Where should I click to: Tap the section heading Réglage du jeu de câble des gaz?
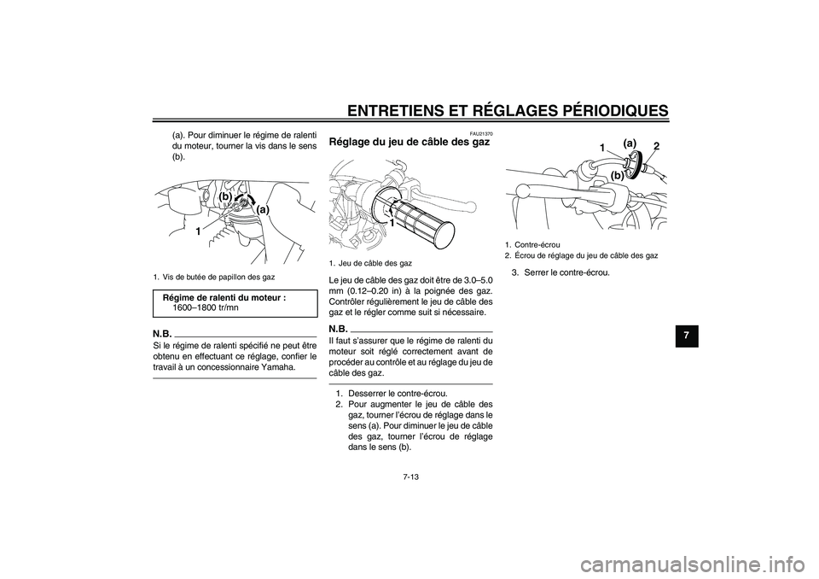pyautogui.click(x=410, y=143)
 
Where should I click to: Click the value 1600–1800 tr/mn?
pyautogui.click(x=206, y=307)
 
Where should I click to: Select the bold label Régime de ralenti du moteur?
pyautogui.click(x=224, y=296)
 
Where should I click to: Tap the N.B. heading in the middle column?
pyautogui.click(x=339, y=327)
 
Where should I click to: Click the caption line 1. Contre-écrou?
pyautogui.click(x=534, y=245)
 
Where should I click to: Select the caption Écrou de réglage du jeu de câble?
pyautogui.click(x=584, y=255)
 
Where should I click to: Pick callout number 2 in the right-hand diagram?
pyautogui.click(x=656, y=147)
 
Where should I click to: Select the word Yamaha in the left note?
pyautogui.click(x=279, y=367)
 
